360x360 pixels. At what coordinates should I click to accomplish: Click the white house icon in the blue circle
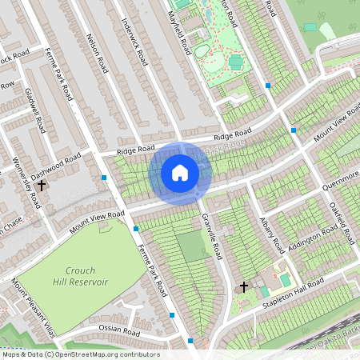click(180, 172)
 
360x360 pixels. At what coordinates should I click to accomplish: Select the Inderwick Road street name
click(134, 42)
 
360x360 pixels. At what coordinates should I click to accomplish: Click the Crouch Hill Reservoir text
click(81, 276)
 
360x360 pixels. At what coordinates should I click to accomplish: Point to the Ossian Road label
click(119, 330)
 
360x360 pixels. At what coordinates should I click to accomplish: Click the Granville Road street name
click(210, 236)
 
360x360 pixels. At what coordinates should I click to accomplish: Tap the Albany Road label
click(271, 232)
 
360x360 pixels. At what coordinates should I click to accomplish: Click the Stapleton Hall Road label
click(295, 290)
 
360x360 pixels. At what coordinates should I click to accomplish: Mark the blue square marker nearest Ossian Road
click(173, 316)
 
